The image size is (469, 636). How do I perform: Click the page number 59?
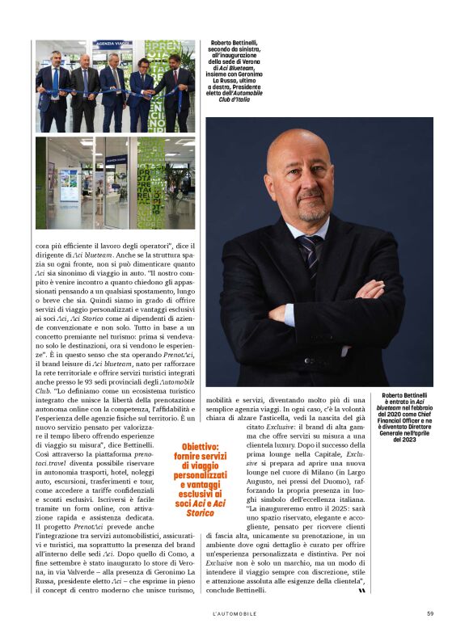pyautogui.click(x=430, y=613)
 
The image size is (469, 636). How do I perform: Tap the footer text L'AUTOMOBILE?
pyautogui.click(x=234, y=613)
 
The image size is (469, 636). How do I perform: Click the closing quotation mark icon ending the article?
pyautogui.click(x=361, y=591)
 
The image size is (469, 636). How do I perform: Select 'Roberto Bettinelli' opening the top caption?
pyautogui.click(x=237, y=42)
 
